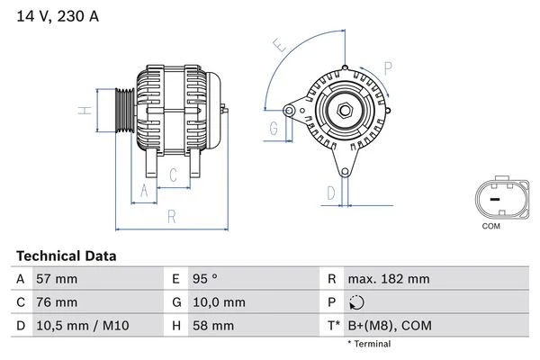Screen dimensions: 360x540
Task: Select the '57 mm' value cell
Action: [x=56, y=279]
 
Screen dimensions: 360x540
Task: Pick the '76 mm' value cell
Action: [x=56, y=302]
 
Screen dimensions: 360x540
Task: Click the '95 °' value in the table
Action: [x=207, y=279]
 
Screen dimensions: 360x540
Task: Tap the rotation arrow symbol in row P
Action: [x=358, y=303]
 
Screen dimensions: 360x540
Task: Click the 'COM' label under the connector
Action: [x=490, y=226]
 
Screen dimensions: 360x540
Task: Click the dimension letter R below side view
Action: [x=170, y=215]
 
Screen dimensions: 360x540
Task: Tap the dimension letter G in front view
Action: [x=272, y=129]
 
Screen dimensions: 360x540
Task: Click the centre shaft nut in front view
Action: [x=344, y=111]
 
